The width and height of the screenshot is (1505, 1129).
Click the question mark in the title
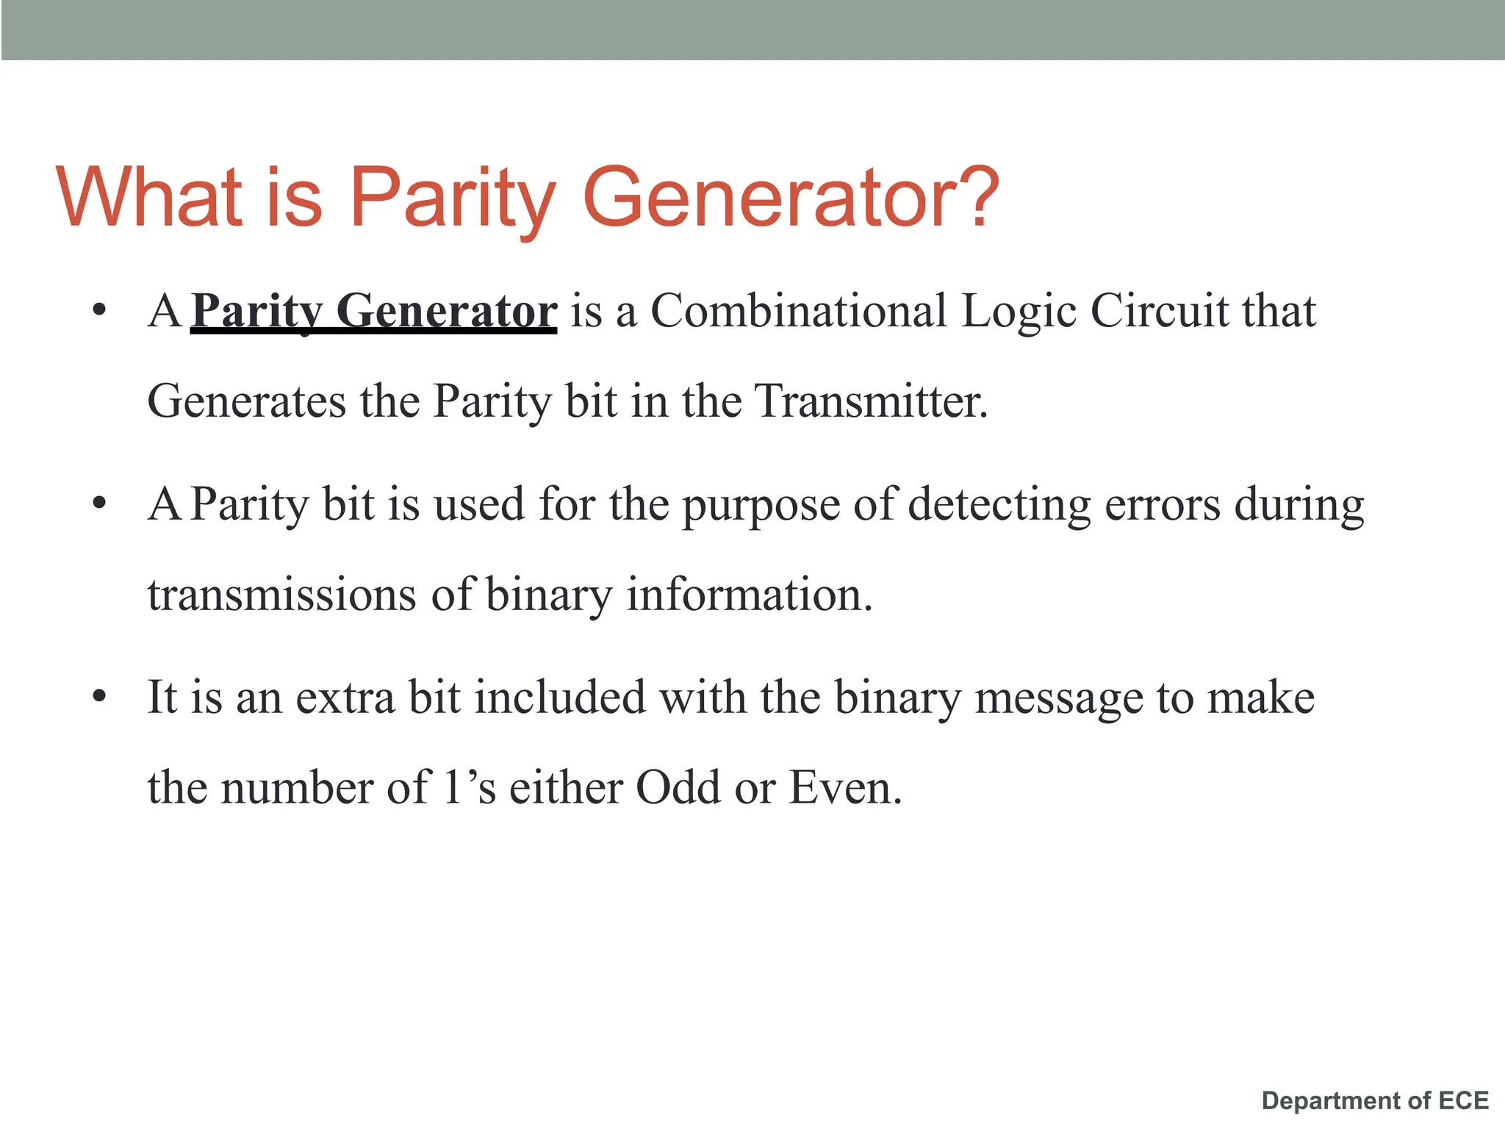tap(974, 196)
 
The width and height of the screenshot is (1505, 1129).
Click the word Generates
tap(246, 402)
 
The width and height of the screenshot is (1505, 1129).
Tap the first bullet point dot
tap(100, 309)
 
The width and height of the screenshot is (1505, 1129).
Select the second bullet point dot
tap(100, 503)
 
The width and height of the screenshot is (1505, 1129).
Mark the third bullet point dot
tap(100, 696)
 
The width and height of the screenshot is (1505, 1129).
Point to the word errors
tap(1163, 506)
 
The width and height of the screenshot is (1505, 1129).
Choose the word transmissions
tap(282, 595)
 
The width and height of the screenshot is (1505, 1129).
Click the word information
tap(749, 595)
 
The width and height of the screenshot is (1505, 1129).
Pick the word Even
tap(844, 788)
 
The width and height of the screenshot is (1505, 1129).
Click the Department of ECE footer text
tap(1375, 1100)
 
